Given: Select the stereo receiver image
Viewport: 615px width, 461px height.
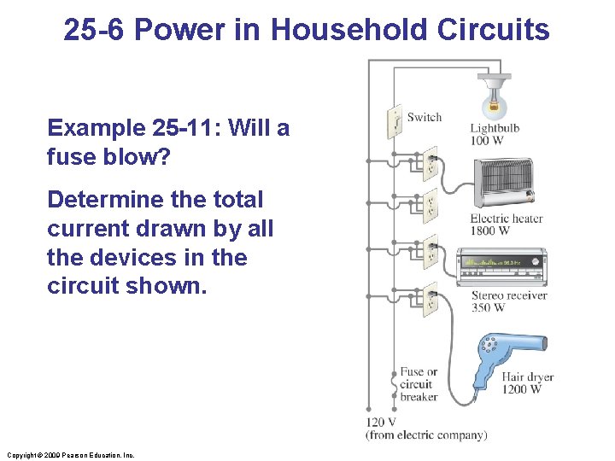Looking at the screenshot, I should coord(501,267).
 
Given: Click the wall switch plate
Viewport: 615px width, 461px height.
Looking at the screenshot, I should coord(394,122).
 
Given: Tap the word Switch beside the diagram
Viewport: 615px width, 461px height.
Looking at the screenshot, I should coord(425,117).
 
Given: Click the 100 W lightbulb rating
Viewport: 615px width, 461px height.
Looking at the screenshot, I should coord(485,141).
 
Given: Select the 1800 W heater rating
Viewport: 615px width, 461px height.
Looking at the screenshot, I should coord(490,230).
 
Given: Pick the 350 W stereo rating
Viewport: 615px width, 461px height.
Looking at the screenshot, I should coord(489,307).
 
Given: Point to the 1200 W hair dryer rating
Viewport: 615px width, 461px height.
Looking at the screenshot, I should coord(521,389).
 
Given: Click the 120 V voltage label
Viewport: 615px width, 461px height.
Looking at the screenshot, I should coord(381,423).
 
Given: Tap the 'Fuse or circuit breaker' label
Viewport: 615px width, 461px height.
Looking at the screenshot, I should coord(419,384).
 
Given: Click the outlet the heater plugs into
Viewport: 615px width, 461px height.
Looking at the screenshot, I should coord(430,161).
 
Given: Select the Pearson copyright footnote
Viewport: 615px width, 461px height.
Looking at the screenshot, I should coord(70,455).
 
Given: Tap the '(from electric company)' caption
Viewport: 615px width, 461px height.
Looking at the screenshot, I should coord(426,435).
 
